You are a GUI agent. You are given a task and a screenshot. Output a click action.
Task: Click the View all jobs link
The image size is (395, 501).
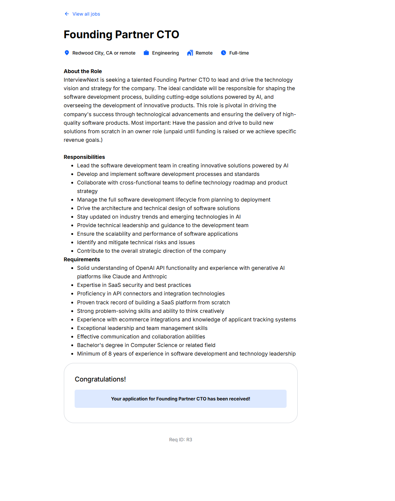click(86, 14)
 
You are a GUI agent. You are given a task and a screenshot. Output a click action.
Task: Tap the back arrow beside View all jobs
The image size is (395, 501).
click(67, 14)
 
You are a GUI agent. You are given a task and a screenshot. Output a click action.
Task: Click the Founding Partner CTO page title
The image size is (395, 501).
click(121, 35)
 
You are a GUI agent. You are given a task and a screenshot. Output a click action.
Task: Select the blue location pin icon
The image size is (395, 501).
click(67, 53)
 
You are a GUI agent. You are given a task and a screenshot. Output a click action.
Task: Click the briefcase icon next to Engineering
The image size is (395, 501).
click(146, 53)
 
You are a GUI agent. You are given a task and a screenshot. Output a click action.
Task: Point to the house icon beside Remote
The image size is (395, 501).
click(190, 53)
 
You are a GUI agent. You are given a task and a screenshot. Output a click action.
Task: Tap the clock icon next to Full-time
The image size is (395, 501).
click(223, 53)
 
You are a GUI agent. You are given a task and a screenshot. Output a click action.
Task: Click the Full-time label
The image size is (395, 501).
click(239, 53)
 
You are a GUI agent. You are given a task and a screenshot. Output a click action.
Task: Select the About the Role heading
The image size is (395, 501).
click(83, 71)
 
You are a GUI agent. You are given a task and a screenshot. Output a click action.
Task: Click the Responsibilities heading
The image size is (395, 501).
click(84, 157)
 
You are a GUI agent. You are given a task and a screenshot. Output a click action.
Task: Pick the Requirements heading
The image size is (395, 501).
click(82, 259)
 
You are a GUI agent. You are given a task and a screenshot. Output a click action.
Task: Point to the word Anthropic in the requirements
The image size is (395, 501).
click(155, 276)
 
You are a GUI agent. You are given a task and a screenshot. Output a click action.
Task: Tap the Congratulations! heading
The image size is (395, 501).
click(100, 379)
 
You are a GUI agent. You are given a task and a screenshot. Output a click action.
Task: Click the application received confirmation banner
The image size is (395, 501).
click(180, 399)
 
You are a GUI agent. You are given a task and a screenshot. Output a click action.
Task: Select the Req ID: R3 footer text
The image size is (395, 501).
click(180, 440)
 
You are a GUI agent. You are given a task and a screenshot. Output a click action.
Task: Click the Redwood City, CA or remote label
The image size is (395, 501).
click(104, 53)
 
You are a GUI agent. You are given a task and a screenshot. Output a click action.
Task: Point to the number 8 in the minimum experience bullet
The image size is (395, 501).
click(110, 354)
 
